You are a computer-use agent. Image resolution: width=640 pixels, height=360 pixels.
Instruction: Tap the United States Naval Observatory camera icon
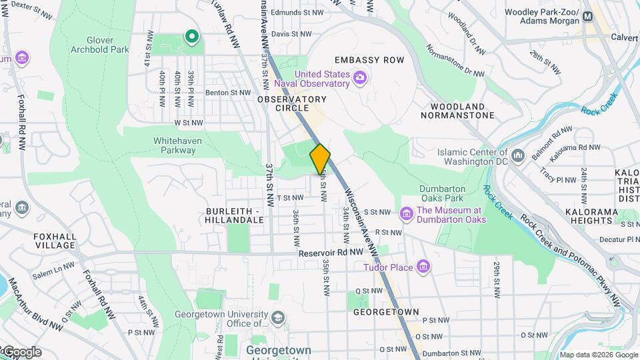pos(360,79)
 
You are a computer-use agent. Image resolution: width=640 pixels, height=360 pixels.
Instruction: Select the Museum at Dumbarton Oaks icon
pos(406,214)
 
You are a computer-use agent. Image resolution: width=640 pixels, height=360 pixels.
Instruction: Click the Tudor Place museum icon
pos(423,267)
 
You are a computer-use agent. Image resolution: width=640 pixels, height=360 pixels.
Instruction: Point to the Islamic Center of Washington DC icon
pos(517,156)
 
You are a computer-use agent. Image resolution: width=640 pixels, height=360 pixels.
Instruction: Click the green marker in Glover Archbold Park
pos(192,37)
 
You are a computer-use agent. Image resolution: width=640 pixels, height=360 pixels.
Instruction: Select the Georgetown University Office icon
pos(278,318)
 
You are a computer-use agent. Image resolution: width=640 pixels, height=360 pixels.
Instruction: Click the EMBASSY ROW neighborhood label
pos(369,60)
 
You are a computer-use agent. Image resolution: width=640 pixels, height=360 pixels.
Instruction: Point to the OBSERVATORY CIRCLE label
pos(292,103)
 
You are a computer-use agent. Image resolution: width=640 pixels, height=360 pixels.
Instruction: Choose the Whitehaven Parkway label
pos(175,145)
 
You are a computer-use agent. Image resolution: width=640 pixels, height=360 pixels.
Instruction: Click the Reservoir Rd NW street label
pos(331,253)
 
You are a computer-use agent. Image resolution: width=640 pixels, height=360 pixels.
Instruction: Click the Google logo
pos(21,352)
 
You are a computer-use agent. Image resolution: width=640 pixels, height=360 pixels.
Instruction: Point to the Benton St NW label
pos(228,93)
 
